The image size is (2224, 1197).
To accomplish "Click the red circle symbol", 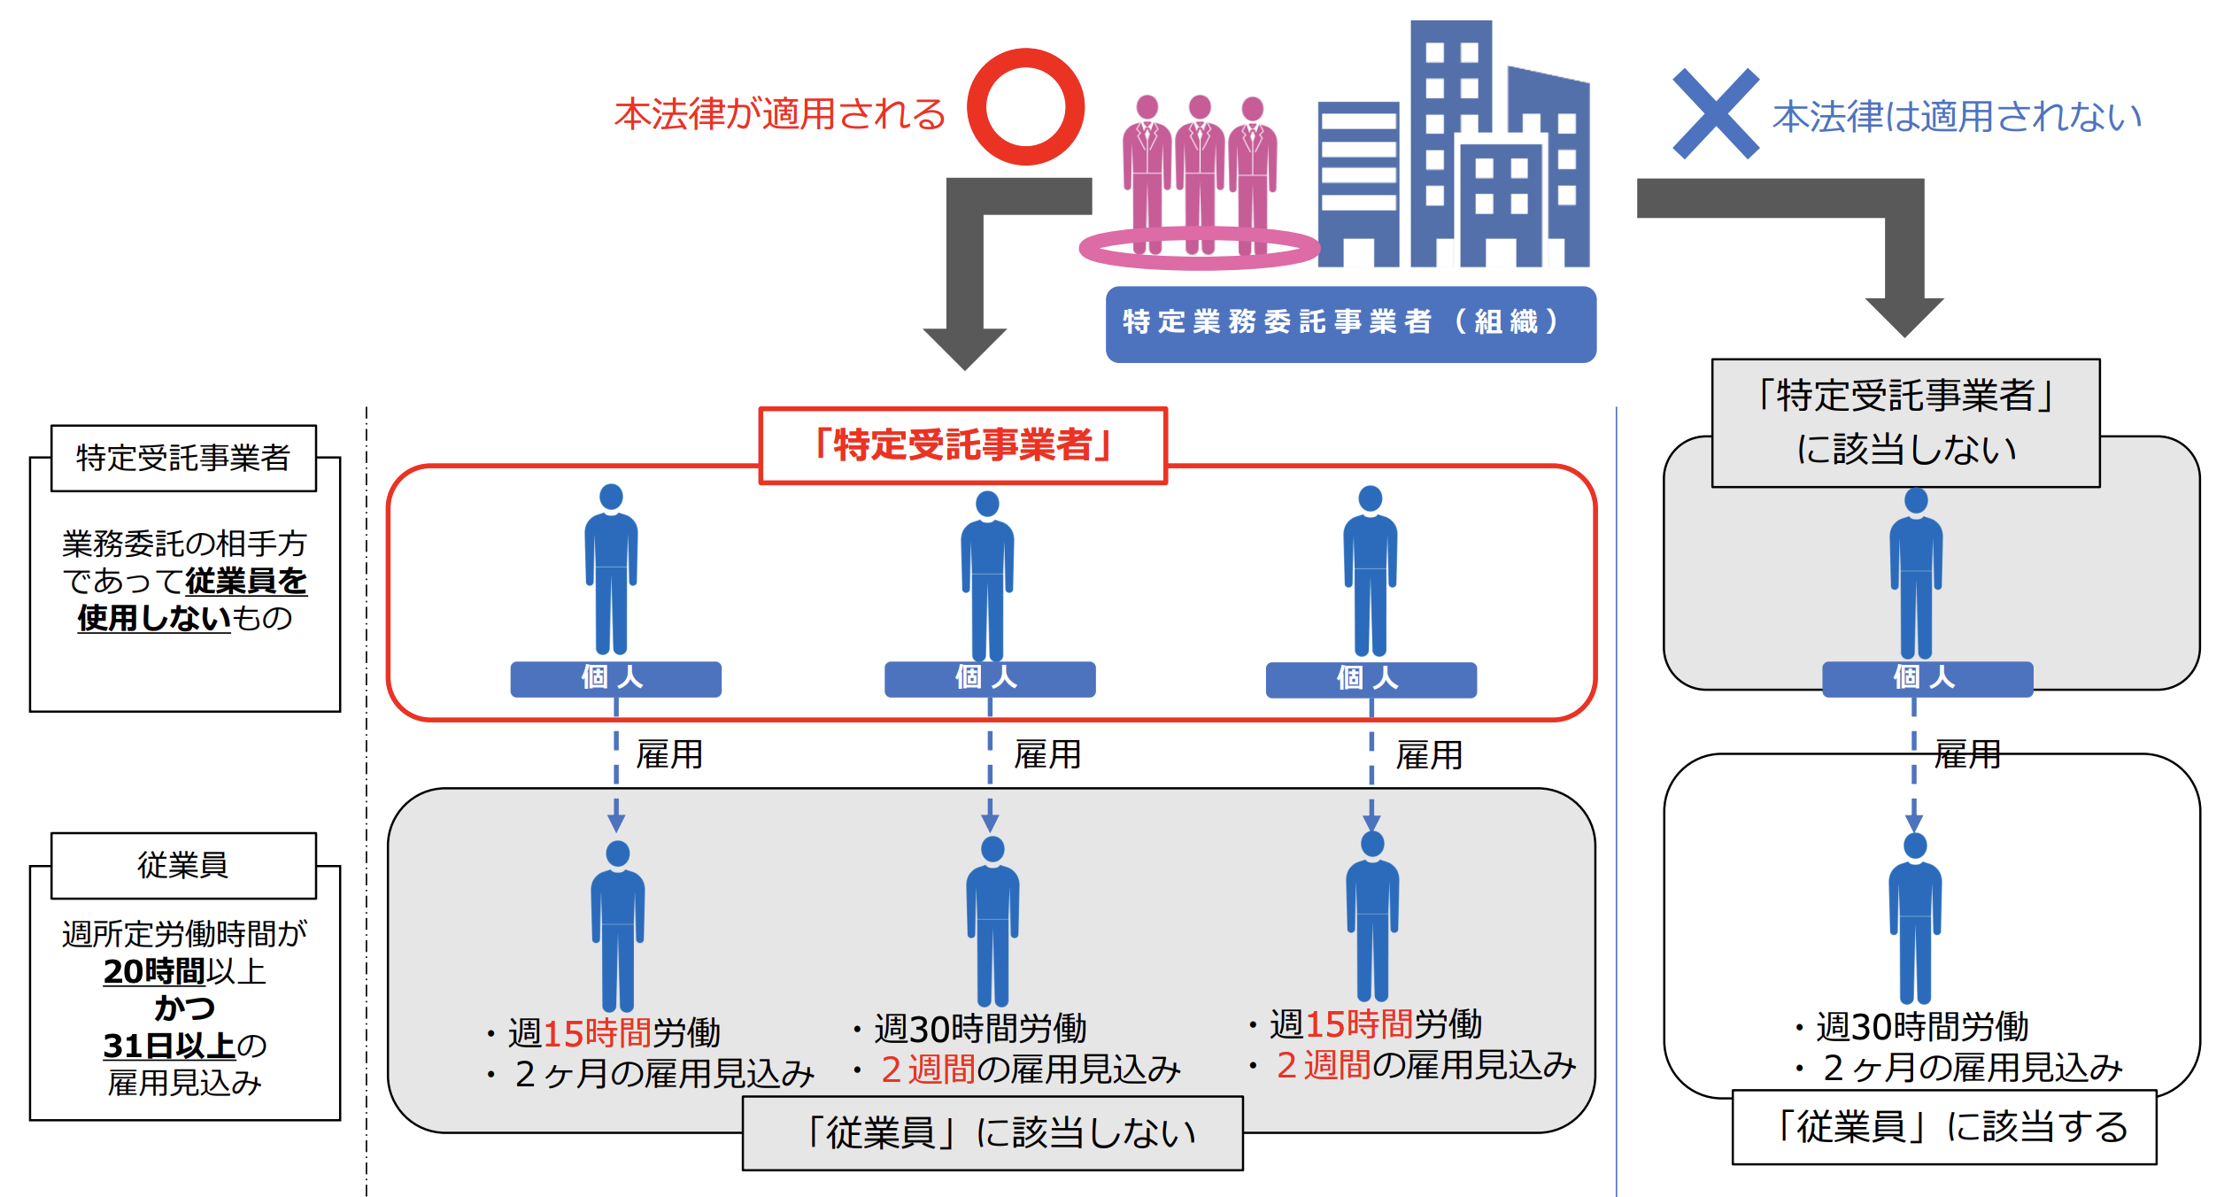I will point(1025,107).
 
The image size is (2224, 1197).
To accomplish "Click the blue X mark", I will point(1715,113).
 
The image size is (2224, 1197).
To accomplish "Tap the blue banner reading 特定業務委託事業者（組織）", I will point(1350,323).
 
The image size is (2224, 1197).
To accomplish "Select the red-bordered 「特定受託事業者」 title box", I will point(963,445).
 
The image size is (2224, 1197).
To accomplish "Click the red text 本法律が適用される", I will point(780,115).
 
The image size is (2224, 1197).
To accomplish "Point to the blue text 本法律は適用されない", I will point(1957,117).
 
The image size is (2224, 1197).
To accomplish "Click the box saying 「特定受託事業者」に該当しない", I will point(1905,422).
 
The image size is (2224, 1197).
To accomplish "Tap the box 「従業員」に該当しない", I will point(992,1133).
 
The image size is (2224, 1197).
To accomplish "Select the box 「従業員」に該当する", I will point(1944,1127).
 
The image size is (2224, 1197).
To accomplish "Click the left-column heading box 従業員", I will point(183,865).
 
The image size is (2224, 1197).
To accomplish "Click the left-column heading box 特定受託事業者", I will point(183,458).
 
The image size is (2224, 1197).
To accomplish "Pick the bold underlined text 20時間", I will point(154,972).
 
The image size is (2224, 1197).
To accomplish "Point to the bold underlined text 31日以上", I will point(169,1046).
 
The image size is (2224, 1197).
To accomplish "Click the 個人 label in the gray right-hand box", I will point(1927,678).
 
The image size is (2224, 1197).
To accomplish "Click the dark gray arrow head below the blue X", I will point(1904,314).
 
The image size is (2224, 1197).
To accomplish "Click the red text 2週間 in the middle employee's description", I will point(928,1070).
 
